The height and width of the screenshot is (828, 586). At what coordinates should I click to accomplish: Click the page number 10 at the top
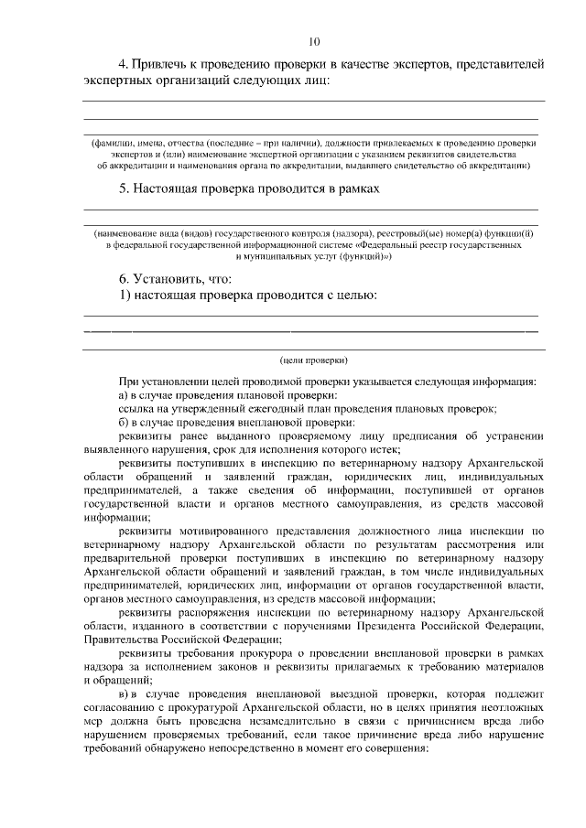[314, 41]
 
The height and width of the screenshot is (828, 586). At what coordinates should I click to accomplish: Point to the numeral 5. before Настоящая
[125, 188]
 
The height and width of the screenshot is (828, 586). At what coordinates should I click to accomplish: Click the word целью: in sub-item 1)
[354, 296]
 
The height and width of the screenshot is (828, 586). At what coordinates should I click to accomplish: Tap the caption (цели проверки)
[313, 360]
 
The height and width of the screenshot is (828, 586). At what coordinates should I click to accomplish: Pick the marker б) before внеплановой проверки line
[125, 423]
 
